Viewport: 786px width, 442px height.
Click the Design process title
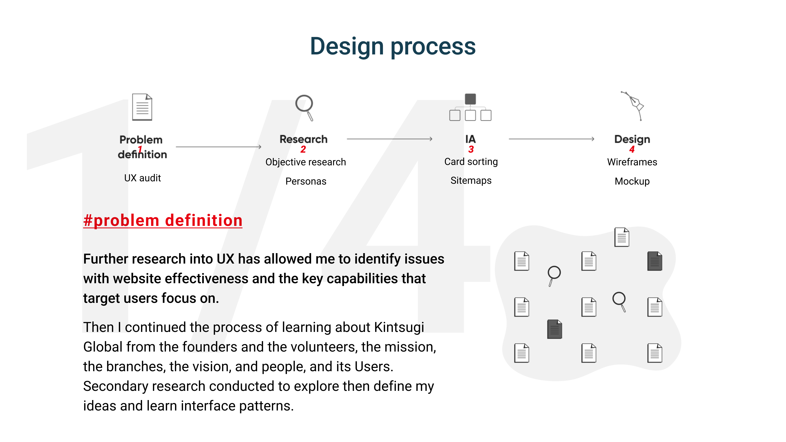tap(393, 46)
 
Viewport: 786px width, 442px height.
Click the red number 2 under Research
tap(303, 149)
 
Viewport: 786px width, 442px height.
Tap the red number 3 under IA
tap(471, 149)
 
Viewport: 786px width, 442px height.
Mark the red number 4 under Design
tap(632, 149)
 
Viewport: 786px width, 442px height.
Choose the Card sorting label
tap(471, 161)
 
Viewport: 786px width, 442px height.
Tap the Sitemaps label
tap(471, 180)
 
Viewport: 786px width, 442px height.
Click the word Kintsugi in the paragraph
tap(399, 327)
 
